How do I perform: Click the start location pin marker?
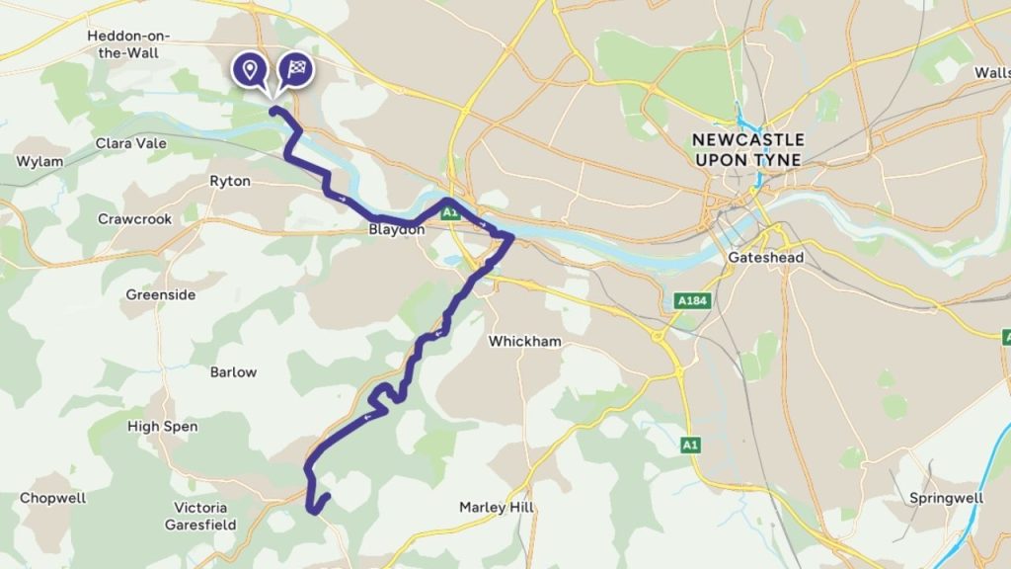click(x=250, y=69)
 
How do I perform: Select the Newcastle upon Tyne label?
click(x=747, y=149)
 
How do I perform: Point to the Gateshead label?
click(x=765, y=258)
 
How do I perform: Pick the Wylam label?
click(x=39, y=161)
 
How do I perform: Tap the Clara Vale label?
click(x=130, y=143)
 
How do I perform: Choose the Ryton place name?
click(x=230, y=182)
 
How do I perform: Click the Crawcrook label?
click(x=134, y=219)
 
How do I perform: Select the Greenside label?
click(x=161, y=294)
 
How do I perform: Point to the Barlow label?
click(x=233, y=372)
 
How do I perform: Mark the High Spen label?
click(x=163, y=427)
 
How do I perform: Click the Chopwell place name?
click(x=53, y=499)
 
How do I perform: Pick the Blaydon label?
click(x=396, y=229)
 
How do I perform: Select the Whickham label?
click(x=525, y=342)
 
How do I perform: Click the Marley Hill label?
click(x=497, y=508)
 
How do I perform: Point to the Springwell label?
click(x=946, y=498)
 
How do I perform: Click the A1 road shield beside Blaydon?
click(x=450, y=212)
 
